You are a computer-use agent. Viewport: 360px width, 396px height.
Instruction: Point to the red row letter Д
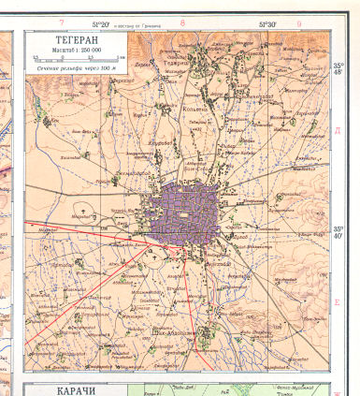(x=338, y=130)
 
